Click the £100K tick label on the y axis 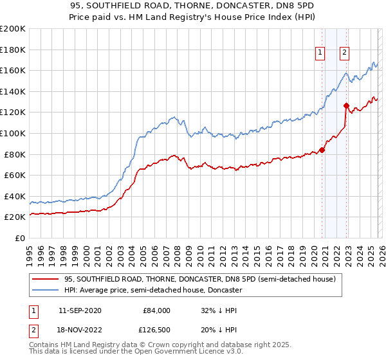(x=13, y=133)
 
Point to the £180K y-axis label (x=13, y=49)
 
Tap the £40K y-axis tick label (x=15, y=196)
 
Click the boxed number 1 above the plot (x=320, y=53)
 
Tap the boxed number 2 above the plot (x=345, y=53)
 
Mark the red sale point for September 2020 (x=322, y=150)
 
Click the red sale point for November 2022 (x=347, y=105)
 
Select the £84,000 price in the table (x=156, y=310)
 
